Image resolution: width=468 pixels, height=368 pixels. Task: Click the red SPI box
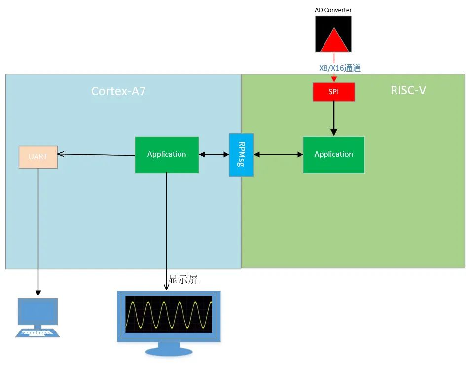point(333,92)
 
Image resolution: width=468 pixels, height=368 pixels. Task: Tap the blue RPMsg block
point(241,155)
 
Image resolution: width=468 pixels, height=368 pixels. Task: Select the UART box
point(38,157)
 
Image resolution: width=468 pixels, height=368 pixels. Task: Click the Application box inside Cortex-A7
point(167,154)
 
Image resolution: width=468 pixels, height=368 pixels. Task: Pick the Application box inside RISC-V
point(333,154)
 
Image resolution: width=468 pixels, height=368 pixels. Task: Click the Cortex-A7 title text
point(118,91)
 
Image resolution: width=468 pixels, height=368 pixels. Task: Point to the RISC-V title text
point(408,90)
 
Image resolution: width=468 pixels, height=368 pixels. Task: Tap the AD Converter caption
point(333,10)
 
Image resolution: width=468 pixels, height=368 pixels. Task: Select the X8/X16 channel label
point(340,68)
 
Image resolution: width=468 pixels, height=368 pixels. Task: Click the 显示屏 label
point(183,280)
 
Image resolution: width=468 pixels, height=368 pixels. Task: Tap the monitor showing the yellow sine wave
point(169,315)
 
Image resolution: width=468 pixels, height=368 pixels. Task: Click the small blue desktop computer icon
point(37,313)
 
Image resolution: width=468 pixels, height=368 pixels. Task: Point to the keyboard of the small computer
point(37,333)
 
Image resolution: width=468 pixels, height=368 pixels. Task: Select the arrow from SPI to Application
point(334,118)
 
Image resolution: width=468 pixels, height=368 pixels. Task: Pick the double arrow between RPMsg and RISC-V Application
point(278,155)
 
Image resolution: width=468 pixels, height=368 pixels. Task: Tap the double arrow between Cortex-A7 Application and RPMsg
point(214,155)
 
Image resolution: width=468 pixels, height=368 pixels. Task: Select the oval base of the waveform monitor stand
point(169,352)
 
